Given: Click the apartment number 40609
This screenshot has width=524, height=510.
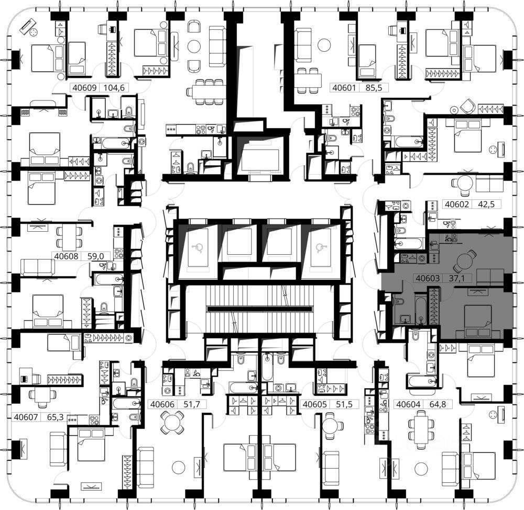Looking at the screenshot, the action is point(84,88).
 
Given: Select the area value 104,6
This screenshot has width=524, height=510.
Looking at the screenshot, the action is point(114,88).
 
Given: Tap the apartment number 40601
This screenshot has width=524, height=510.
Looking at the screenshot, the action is point(344,88).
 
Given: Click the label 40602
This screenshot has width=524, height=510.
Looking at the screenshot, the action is point(457,204).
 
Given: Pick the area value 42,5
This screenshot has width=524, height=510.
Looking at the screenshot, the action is point(486,204).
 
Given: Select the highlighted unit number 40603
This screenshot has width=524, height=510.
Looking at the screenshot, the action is point(428,278).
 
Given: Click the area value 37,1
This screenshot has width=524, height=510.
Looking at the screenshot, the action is point(456,278).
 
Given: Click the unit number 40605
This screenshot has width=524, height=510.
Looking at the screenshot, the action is point(314,404).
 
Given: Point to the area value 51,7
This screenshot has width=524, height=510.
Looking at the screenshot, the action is point(192,404).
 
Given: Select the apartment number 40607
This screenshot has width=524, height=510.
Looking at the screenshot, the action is point(26,417).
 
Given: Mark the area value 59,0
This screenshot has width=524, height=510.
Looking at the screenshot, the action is point(95,256).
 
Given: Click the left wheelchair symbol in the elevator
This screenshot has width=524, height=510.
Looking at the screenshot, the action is point(197,247).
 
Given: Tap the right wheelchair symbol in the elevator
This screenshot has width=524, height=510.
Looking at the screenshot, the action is point(321,247).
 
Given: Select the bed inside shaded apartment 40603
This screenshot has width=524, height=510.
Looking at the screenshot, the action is point(478,320).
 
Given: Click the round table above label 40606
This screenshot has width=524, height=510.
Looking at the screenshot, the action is point(171,422).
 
